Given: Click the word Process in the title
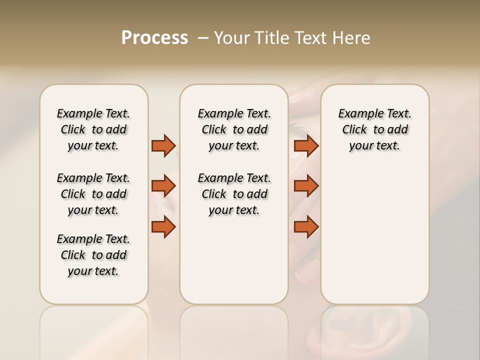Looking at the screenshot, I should [x=154, y=38].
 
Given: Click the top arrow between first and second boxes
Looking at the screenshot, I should [x=163, y=145].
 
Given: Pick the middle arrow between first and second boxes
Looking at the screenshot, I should [x=163, y=186].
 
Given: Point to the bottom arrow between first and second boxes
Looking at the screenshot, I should [x=163, y=227].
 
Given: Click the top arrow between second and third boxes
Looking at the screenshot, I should [x=306, y=145].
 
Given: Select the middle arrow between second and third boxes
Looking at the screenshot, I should [x=306, y=186].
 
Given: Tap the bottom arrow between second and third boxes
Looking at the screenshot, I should [x=306, y=227].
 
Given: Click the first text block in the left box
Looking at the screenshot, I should [x=93, y=129].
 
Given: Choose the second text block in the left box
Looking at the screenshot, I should [x=93, y=194].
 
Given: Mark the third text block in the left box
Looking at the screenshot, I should [x=93, y=255].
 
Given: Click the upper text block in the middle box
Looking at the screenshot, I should [x=234, y=129].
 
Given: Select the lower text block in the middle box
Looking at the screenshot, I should [x=234, y=194].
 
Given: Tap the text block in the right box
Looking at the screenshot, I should [x=374, y=129].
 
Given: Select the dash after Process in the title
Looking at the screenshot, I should [x=203, y=38].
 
